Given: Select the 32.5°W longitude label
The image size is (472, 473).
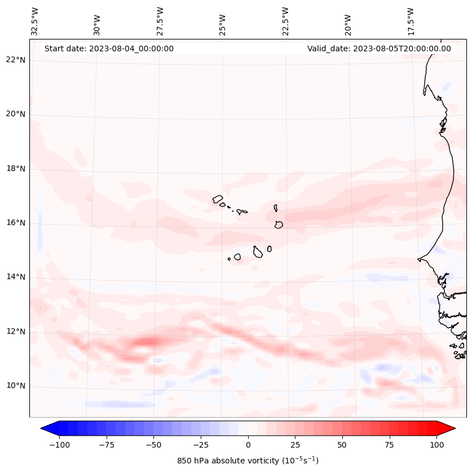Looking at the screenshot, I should click(x=35, y=21).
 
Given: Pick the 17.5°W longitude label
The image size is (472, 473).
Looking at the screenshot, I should click(x=411, y=21).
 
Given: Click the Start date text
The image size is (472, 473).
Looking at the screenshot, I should click(x=109, y=48).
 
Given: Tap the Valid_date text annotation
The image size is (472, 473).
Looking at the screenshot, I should click(x=379, y=48).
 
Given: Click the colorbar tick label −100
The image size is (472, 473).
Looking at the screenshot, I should click(x=59, y=445).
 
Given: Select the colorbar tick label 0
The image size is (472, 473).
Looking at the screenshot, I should click(x=248, y=445).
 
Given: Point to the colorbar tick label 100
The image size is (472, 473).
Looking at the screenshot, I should click(x=436, y=445).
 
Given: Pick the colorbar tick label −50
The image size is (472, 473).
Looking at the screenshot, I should click(x=153, y=445).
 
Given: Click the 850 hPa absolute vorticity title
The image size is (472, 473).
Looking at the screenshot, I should click(x=248, y=461).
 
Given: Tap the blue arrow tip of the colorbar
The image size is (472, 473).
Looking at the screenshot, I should click(x=45, y=428).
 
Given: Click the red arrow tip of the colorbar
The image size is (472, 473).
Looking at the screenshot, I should click(x=451, y=428).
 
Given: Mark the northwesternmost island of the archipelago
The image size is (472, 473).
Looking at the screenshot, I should click(x=218, y=198).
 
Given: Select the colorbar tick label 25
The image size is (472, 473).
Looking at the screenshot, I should click(x=295, y=445).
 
